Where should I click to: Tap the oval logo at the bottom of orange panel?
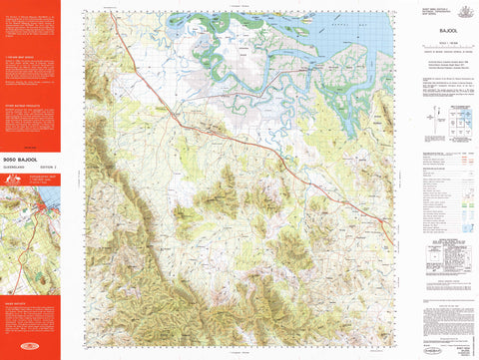[31, 348]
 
